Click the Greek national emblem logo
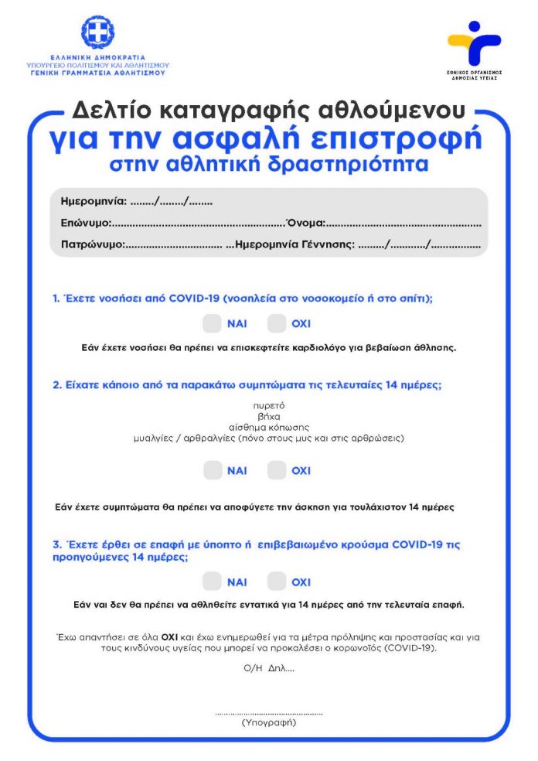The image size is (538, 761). [x=97, y=32]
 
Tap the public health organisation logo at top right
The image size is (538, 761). [x=473, y=44]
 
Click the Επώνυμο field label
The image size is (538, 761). [x=87, y=224]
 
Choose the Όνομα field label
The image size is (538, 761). [x=306, y=224]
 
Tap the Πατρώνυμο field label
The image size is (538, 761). [x=92, y=244]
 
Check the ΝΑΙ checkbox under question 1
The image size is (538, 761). [x=213, y=323]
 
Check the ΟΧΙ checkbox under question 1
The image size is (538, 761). [x=277, y=323]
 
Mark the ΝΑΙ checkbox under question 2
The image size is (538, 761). [x=213, y=470]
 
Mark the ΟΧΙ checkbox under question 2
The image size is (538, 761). [x=277, y=470]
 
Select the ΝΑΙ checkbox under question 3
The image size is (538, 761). [x=213, y=582]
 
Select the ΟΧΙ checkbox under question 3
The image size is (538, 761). [x=277, y=582]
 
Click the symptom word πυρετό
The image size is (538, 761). [x=269, y=405]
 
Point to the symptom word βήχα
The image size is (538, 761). [x=269, y=416]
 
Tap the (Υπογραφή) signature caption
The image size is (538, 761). [x=268, y=722]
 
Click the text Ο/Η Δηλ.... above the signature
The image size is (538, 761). [x=268, y=667]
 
